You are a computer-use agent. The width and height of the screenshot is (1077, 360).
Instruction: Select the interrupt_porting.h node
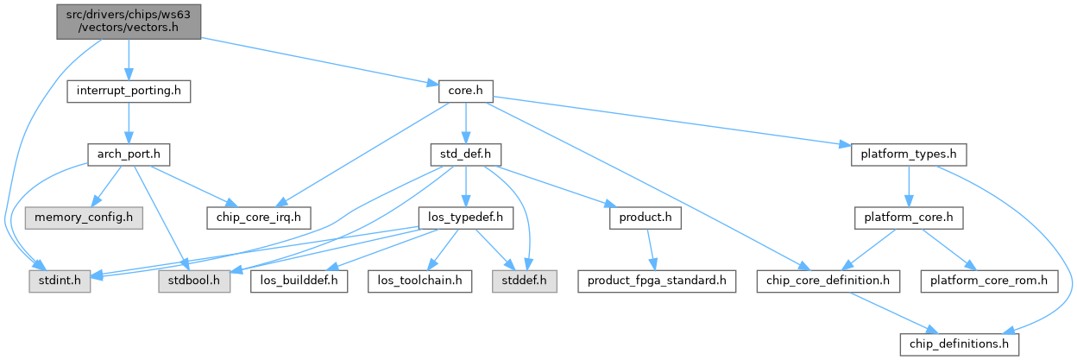[129, 90]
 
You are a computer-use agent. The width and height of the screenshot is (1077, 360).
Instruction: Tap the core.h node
[466, 90]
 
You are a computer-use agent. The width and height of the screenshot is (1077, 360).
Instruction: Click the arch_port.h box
[129, 155]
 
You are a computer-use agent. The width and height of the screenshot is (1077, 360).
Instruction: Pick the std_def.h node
[466, 155]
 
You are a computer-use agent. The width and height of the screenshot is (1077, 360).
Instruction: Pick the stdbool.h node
[194, 281]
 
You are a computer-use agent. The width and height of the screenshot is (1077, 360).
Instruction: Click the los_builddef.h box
[299, 281]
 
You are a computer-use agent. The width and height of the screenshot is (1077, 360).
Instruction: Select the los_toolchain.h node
[420, 281]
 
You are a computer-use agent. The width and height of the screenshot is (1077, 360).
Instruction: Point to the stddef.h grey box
[525, 281]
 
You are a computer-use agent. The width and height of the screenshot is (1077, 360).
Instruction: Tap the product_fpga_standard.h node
[657, 281]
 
